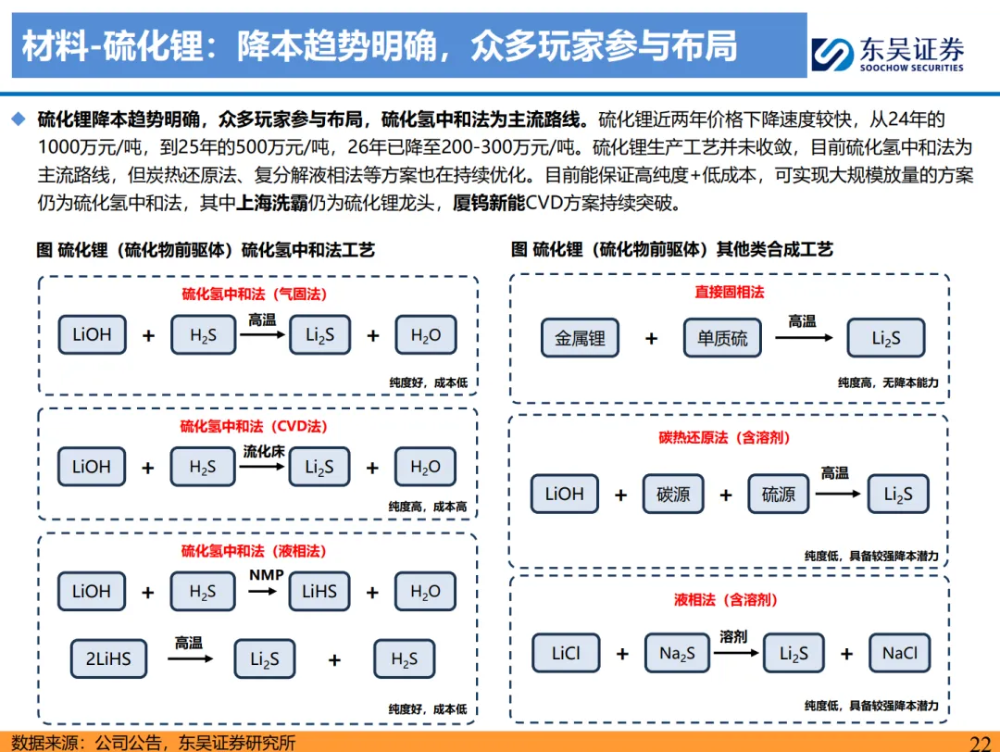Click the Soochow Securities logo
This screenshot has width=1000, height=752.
[x=887, y=54]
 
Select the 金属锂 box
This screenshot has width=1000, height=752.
[x=581, y=339]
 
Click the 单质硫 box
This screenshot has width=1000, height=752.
[x=722, y=339]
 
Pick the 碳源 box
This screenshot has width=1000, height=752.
[x=673, y=495]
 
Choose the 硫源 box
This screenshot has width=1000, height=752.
[x=779, y=495]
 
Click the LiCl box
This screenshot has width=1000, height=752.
[x=566, y=654]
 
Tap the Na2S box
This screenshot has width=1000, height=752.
[x=683, y=654]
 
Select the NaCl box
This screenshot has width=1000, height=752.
[x=899, y=654]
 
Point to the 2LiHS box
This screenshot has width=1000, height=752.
[x=108, y=659]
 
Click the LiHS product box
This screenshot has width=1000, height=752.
[x=319, y=591]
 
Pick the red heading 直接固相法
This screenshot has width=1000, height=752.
[x=730, y=292]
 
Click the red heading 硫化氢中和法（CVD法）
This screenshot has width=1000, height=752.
[x=254, y=427]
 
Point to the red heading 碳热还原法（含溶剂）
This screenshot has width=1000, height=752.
[x=731, y=437]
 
